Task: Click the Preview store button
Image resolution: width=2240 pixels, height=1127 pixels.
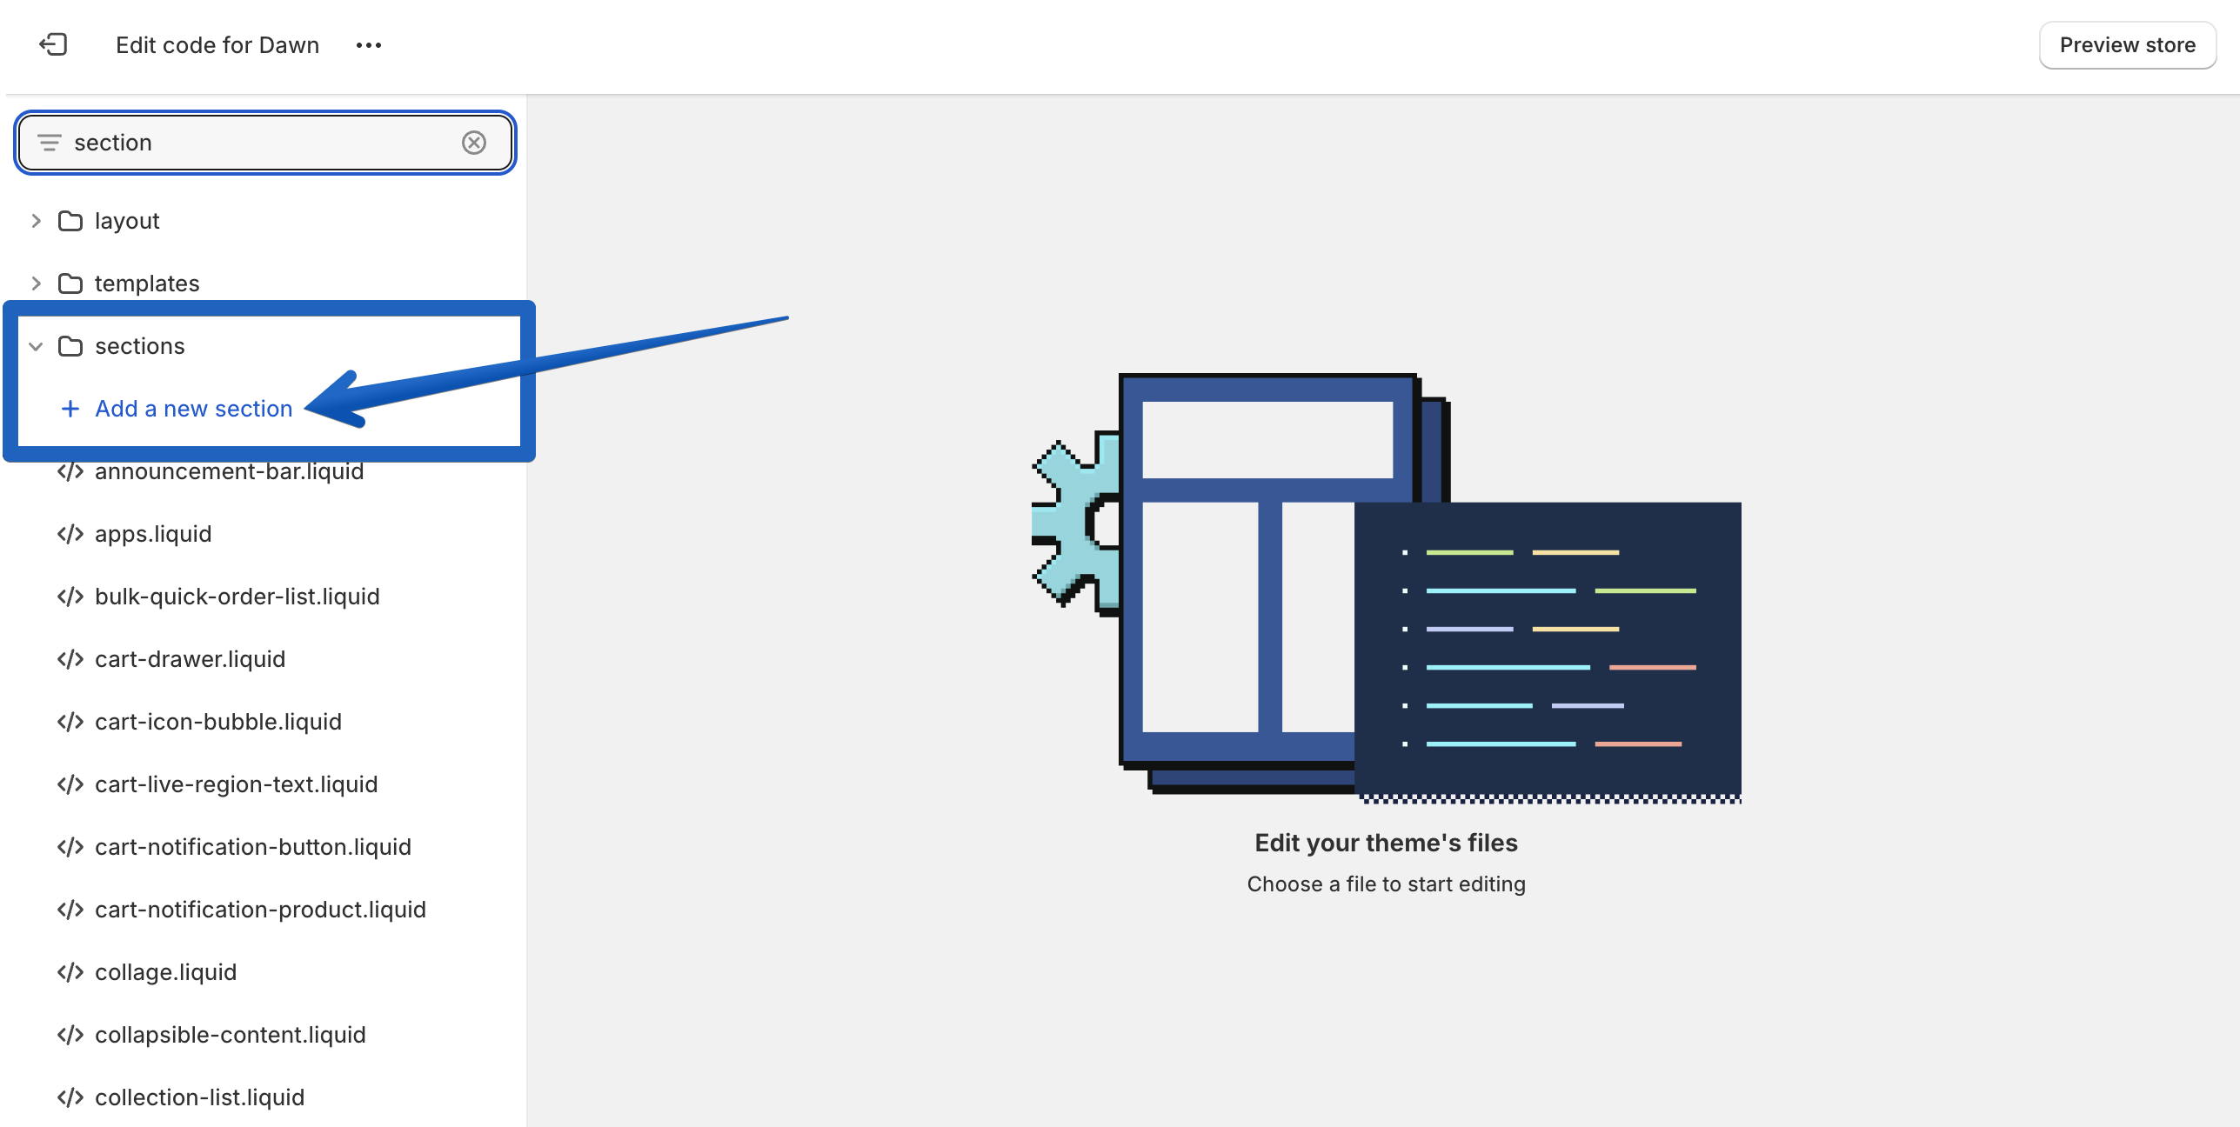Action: point(2126,45)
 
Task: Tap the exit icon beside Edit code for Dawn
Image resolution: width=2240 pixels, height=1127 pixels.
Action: point(53,44)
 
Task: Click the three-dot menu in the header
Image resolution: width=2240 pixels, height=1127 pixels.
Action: point(368,45)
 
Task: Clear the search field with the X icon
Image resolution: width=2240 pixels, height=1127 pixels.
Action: point(473,143)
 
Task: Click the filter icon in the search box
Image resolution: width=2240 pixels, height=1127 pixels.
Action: point(50,143)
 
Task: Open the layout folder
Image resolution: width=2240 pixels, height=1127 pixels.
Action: point(126,221)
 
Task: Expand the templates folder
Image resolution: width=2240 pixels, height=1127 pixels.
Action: point(37,283)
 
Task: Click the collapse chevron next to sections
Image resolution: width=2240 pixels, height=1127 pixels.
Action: point(37,346)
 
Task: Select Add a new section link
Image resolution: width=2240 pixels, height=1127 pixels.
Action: point(193,409)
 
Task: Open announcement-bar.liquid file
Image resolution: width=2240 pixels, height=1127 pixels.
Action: point(229,471)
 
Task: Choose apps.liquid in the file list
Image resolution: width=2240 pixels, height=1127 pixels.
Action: point(153,534)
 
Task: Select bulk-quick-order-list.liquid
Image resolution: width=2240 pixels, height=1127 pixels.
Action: point(237,597)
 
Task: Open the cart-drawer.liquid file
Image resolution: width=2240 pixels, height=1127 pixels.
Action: point(190,659)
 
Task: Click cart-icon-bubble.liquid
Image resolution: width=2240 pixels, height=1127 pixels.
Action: point(217,722)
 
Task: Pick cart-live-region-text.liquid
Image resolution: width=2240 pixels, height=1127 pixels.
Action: point(236,784)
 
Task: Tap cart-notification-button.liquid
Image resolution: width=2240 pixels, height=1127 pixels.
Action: point(252,847)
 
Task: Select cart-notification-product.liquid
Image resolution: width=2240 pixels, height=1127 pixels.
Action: point(260,910)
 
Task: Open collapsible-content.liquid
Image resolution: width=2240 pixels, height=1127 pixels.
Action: point(230,1035)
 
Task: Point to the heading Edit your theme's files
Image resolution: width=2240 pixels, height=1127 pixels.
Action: point(1386,843)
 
